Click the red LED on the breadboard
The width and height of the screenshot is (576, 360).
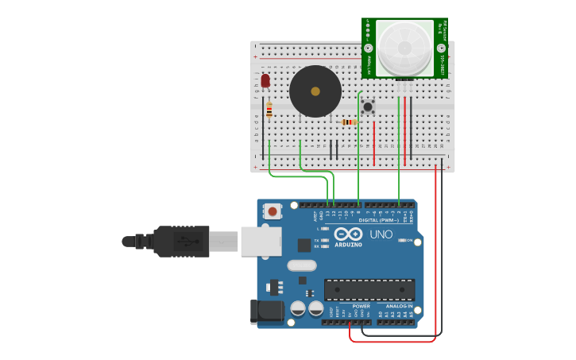pyautogui.click(x=265, y=80)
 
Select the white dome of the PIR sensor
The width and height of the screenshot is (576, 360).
pyautogui.click(x=404, y=48)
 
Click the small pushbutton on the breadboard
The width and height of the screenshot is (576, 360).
pyautogui.click(x=368, y=106)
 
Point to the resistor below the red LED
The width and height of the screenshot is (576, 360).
pyautogui.click(x=269, y=110)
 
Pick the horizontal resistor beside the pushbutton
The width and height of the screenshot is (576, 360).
pyautogui.click(x=348, y=122)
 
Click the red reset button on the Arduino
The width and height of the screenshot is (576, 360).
pyautogui.click(x=273, y=211)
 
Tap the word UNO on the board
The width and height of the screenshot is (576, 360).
pyautogui.click(x=381, y=234)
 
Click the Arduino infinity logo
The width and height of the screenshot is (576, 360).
pyautogui.click(x=349, y=234)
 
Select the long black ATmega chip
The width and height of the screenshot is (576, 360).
pyautogui.click(x=369, y=289)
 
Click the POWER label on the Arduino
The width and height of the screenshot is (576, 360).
pyautogui.click(x=361, y=306)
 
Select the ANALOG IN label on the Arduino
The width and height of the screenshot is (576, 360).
pyautogui.click(x=399, y=306)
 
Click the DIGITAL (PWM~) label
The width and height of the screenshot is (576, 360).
pyautogui.click(x=379, y=220)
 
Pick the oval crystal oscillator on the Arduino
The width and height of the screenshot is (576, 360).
pyautogui.click(x=302, y=265)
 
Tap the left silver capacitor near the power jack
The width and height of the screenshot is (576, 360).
pyautogui.click(x=298, y=308)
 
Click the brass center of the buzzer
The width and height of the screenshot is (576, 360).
pyautogui.click(x=315, y=91)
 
